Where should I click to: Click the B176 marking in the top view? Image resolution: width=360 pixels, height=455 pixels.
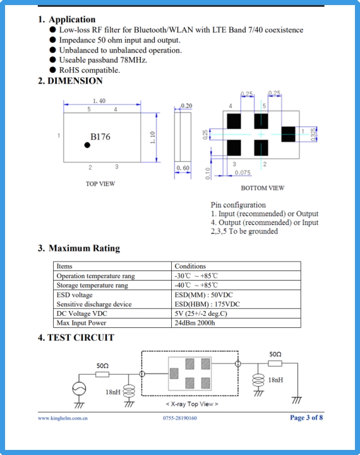click(100, 136)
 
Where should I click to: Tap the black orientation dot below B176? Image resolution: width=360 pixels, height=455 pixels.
click(87, 145)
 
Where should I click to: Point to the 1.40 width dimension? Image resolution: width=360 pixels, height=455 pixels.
click(99, 100)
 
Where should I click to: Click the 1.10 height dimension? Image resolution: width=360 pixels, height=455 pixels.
click(153, 137)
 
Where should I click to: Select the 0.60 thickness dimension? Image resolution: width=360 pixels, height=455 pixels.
click(183, 168)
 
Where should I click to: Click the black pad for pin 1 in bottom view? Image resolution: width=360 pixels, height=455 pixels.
click(289, 134)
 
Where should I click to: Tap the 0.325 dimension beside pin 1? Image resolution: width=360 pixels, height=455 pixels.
click(313, 135)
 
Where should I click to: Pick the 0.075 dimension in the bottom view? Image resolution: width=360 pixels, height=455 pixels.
click(243, 173)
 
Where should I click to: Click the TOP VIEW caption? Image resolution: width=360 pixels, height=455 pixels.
click(100, 184)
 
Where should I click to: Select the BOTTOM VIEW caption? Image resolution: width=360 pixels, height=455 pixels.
click(263, 188)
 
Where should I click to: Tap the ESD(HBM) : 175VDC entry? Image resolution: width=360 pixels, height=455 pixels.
click(207, 304)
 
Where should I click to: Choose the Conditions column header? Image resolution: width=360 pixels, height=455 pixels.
click(190, 266)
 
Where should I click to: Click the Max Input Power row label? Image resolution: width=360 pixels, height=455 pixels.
click(81, 323)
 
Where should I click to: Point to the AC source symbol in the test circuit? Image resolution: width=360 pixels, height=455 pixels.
click(79, 388)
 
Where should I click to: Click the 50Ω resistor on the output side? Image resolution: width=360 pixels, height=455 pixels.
click(275, 363)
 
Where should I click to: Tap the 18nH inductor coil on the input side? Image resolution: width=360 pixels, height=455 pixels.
click(129, 391)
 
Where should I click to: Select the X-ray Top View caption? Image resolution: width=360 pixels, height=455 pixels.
click(192, 404)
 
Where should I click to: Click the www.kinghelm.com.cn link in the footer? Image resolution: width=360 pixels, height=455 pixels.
click(63, 418)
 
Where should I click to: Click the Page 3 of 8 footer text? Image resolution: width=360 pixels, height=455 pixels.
click(306, 418)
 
